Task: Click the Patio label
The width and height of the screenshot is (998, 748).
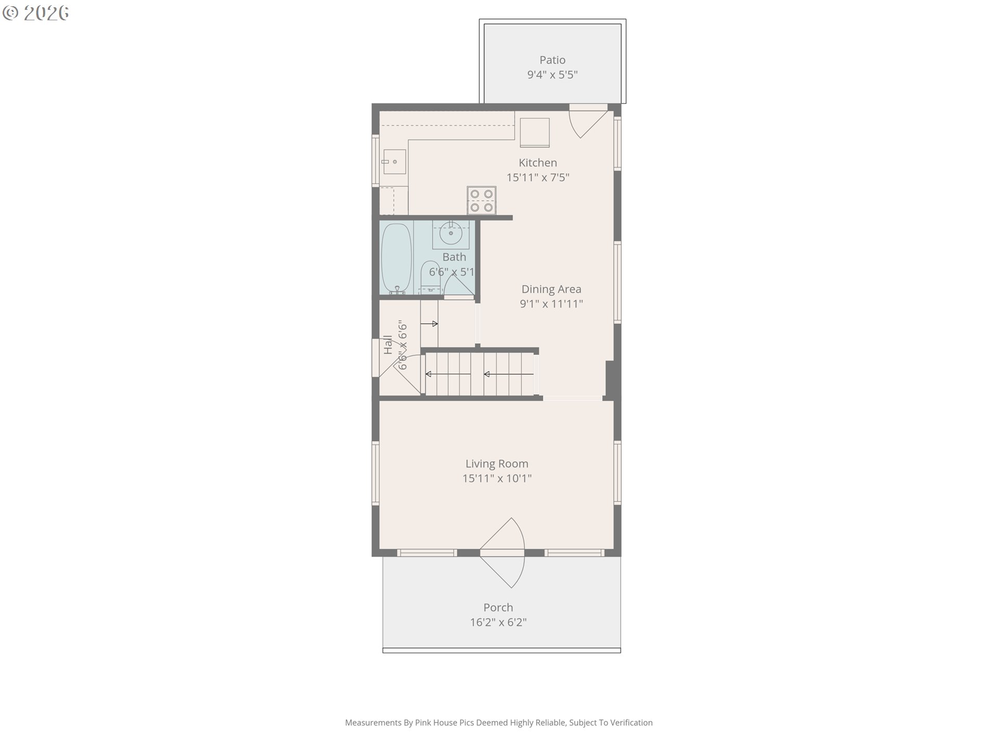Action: coord(552,60)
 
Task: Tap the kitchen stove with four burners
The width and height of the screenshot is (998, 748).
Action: coord(481,201)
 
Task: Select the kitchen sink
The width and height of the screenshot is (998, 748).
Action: coord(393,162)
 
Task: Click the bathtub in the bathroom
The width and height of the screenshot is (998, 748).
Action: coord(397,259)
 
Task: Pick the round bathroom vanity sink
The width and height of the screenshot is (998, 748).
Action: coord(451,233)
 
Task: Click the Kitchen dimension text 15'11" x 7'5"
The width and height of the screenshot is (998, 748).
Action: coord(537,178)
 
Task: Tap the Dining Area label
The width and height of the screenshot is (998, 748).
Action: coord(551,289)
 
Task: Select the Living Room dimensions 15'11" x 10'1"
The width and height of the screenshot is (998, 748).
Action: coord(497,478)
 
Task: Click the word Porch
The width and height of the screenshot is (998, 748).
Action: coord(498,607)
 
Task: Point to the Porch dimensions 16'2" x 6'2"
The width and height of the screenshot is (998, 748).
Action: coord(498,622)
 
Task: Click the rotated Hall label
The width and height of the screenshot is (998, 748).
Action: coord(388,345)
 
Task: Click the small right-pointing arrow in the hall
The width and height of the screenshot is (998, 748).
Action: coord(429,324)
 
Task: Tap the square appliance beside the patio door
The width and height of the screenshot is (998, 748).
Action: coord(534,132)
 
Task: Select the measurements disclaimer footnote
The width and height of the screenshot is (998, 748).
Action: coord(498,723)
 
